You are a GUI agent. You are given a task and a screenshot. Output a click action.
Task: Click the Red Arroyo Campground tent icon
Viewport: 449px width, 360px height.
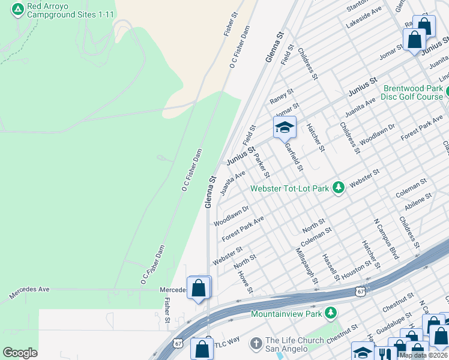coord(17,9)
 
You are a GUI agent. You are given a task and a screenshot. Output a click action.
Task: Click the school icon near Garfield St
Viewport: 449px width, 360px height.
coord(285,127)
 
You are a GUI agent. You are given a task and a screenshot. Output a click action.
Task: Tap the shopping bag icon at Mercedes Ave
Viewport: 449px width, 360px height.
coord(199,288)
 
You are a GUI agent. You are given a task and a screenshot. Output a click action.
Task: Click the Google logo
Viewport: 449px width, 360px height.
coord(20,353)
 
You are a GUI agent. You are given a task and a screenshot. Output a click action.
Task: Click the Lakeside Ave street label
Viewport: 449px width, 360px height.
coord(364,18)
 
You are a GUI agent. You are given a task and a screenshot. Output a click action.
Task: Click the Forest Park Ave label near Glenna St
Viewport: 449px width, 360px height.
coord(243,229)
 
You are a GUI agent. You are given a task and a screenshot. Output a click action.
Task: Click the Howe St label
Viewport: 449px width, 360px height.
coord(246,282)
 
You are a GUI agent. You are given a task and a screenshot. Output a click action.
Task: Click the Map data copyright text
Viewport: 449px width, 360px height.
coord(423,355)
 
